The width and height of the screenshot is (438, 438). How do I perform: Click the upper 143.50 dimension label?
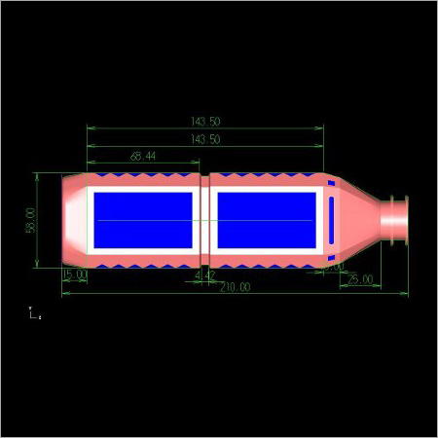[205, 122]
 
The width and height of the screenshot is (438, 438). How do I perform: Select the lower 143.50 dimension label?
[205, 139]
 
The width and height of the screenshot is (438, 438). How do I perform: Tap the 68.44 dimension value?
[143, 156]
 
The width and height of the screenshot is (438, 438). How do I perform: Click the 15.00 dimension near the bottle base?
[75, 275]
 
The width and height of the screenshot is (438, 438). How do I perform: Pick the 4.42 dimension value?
[204, 276]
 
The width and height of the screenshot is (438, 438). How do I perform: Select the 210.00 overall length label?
[235, 287]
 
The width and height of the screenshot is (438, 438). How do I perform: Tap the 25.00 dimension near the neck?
[359, 279]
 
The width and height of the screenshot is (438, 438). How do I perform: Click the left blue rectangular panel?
[143, 220]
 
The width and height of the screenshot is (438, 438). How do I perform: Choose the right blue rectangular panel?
[265, 220]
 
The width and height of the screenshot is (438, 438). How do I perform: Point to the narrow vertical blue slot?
[331, 220]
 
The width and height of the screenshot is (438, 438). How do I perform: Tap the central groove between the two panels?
[204, 220]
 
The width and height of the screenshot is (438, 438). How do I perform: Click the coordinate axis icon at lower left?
[34, 313]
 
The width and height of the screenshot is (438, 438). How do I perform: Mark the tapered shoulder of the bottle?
[358, 219]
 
